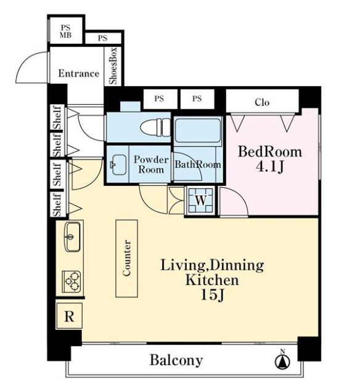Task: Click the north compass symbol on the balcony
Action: click(x=282, y=360)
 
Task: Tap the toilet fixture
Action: click(x=155, y=127)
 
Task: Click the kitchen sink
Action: click(x=72, y=236)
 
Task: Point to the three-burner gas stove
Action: click(x=72, y=281)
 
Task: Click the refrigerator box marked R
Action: click(x=69, y=316)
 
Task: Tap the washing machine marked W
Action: click(x=201, y=200)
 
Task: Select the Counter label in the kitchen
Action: click(x=126, y=258)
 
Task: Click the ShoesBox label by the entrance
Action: click(x=113, y=66)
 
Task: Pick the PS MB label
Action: click(x=66, y=31)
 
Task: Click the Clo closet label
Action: click(x=262, y=102)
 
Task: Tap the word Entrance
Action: click(x=79, y=73)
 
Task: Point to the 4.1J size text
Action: click(x=269, y=167)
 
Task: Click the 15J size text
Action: click(x=213, y=295)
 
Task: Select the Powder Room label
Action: click(x=151, y=164)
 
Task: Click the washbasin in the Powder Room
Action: click(x=118, y=164)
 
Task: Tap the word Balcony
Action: click(x=176, y=360)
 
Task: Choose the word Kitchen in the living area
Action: click(x=212, y=280)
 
